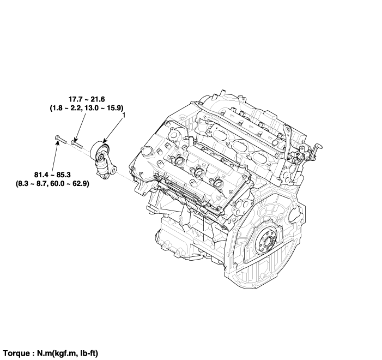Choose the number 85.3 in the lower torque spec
[63, 175]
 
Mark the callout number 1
[124, 115]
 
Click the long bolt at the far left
[60, 140]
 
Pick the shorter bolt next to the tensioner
[77, 143]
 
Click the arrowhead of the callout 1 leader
[104, 141]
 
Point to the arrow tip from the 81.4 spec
[58, 140]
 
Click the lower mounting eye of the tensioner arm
[106, 176]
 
